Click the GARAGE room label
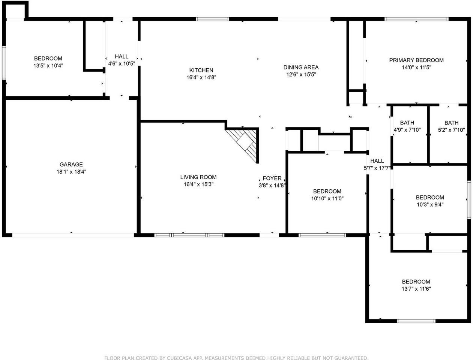point(71,164)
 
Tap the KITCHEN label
point(201,70)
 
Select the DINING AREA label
point(301,67)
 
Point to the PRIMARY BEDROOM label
point(416,60)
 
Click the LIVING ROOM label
point(198,177)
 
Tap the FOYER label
point(272,178)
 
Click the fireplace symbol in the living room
point(245,143)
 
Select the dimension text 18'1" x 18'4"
point(71,172)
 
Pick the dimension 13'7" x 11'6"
point(416,289)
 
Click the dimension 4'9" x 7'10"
point(407,130)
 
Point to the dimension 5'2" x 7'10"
point(451,130)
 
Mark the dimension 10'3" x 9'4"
point(430,204)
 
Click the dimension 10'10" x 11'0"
point(327,198)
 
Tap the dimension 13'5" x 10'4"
point(48,65)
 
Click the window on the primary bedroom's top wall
point(416,19)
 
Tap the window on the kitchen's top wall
point(212,19)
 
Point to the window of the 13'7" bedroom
point(416,321)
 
